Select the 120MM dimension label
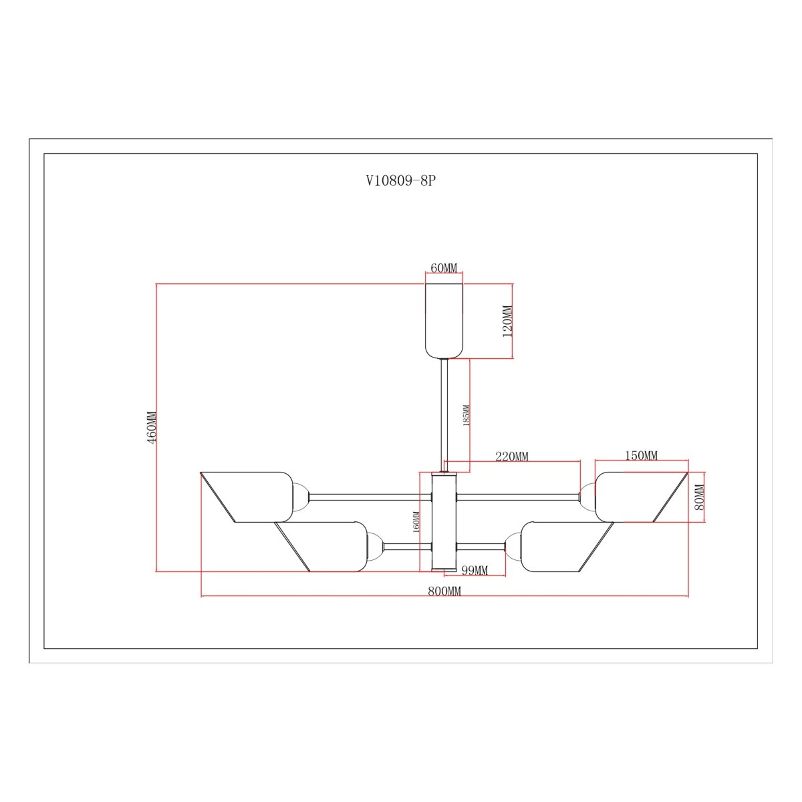click(507, 321)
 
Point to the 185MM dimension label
click(466, 415)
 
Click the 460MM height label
click(152, 428)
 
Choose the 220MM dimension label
click(511, 456)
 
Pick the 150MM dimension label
click(642, 455)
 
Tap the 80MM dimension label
click(700, 497)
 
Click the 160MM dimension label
click(416, 521)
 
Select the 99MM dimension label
click(475, 570)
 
